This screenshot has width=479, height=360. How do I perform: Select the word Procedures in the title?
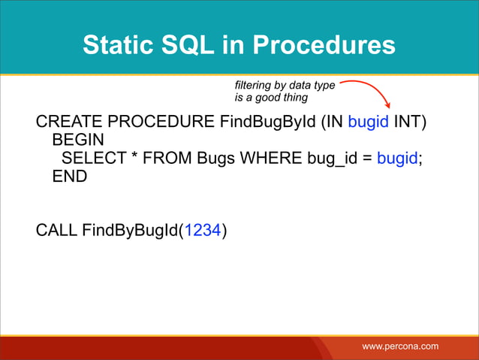(x=323, y=46)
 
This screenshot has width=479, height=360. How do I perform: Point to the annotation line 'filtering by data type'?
(x=285, y=86)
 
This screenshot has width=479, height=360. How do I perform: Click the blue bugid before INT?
(x=368, y=123)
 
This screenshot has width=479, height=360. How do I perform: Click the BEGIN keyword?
(x=78, y=141)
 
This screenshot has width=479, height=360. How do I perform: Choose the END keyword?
(x=70, y=177)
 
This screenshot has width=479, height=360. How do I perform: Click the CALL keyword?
(x=56, y=230)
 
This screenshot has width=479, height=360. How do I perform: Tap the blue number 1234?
(x=202, y=230)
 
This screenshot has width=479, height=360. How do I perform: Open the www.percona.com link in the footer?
(x=400, y=346)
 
